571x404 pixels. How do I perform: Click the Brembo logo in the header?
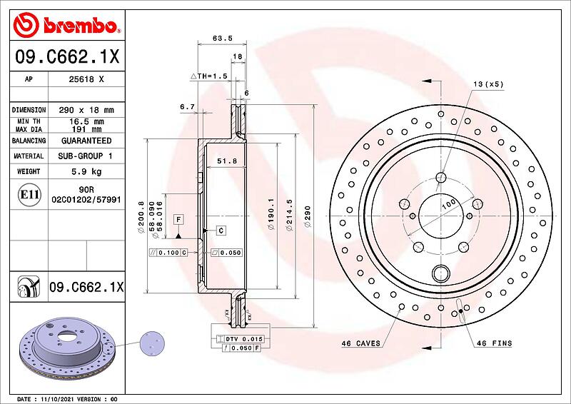tap(66, 25)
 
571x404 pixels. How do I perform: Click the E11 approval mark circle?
tap(29, 195)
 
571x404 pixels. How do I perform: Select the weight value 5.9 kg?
tap(86, 171)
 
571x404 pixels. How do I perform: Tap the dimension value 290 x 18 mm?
tap(86, 110)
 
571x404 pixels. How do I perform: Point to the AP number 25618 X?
tap(86, 79)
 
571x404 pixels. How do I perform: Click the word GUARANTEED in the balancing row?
tap(86, 141)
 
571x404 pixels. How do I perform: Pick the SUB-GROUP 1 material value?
tap(85, 156)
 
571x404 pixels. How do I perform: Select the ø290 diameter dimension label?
tap(308, 217)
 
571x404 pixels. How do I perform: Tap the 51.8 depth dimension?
tap(227, 161)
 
